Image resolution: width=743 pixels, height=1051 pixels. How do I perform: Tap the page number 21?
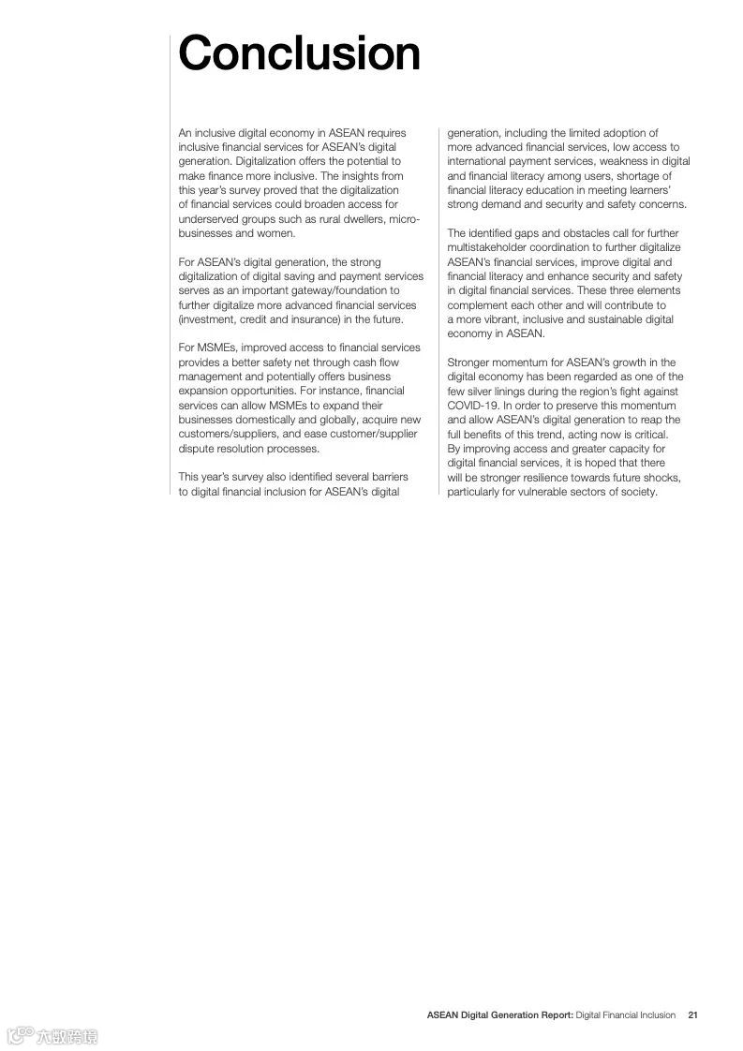coord(692,1014)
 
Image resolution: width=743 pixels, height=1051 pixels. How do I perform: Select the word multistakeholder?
coord(490,247)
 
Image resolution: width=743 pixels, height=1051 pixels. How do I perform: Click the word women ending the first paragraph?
coord(276,233)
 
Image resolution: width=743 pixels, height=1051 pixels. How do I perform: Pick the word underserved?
coord(208,218)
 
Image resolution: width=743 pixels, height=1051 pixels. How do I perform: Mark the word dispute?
coord(197,449)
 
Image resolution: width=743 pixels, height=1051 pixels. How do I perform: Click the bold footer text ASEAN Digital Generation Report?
coord(499,1014)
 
